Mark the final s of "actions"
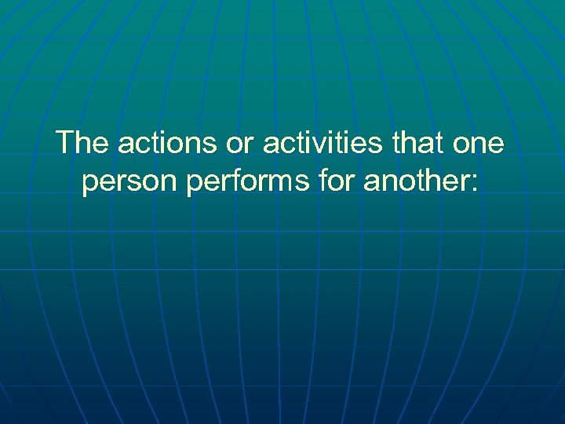click(x=200, y=145)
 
